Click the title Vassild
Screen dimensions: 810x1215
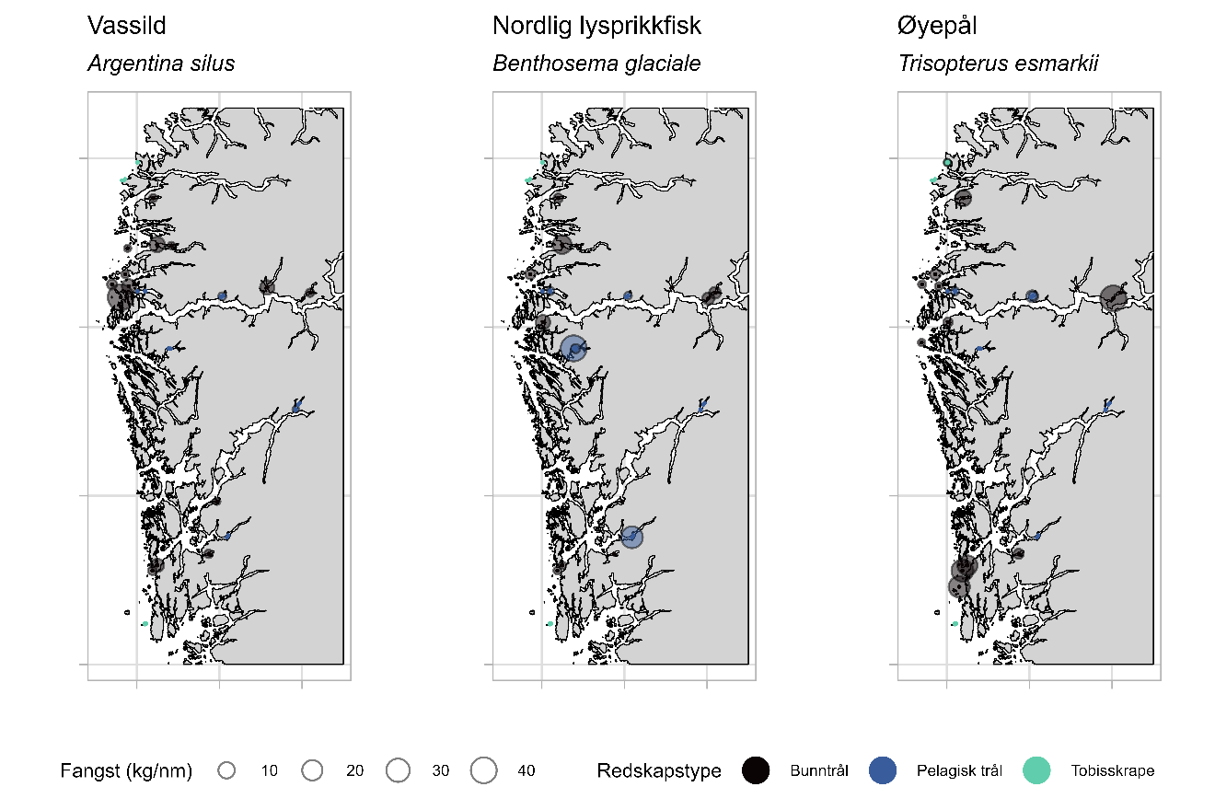[127, 27]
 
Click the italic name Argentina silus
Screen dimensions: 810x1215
[161, 64]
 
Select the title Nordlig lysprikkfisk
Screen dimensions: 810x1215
[596, 27]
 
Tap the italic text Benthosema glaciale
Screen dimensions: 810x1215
[596, 64]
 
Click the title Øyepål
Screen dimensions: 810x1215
[937, 27]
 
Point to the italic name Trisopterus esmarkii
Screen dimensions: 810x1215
[999, 64]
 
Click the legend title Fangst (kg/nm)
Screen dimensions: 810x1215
[126, 771]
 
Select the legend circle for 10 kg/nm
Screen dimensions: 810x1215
[226, 771]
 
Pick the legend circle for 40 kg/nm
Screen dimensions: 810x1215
[483, 771]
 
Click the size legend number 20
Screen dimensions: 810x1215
[354, 771]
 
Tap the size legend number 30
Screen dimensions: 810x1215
[440, 771]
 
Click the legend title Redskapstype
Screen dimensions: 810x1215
[658, 771]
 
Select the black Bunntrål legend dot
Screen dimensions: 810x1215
[756, 771]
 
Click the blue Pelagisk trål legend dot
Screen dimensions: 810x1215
[883, 771]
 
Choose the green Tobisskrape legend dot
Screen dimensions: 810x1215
[1036, 771]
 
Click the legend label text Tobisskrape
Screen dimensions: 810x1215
[1112, 771]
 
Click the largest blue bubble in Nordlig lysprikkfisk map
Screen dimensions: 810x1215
[573, 348]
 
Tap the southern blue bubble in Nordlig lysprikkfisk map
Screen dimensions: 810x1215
[631, 537]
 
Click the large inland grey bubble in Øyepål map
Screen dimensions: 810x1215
[1113, 297]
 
